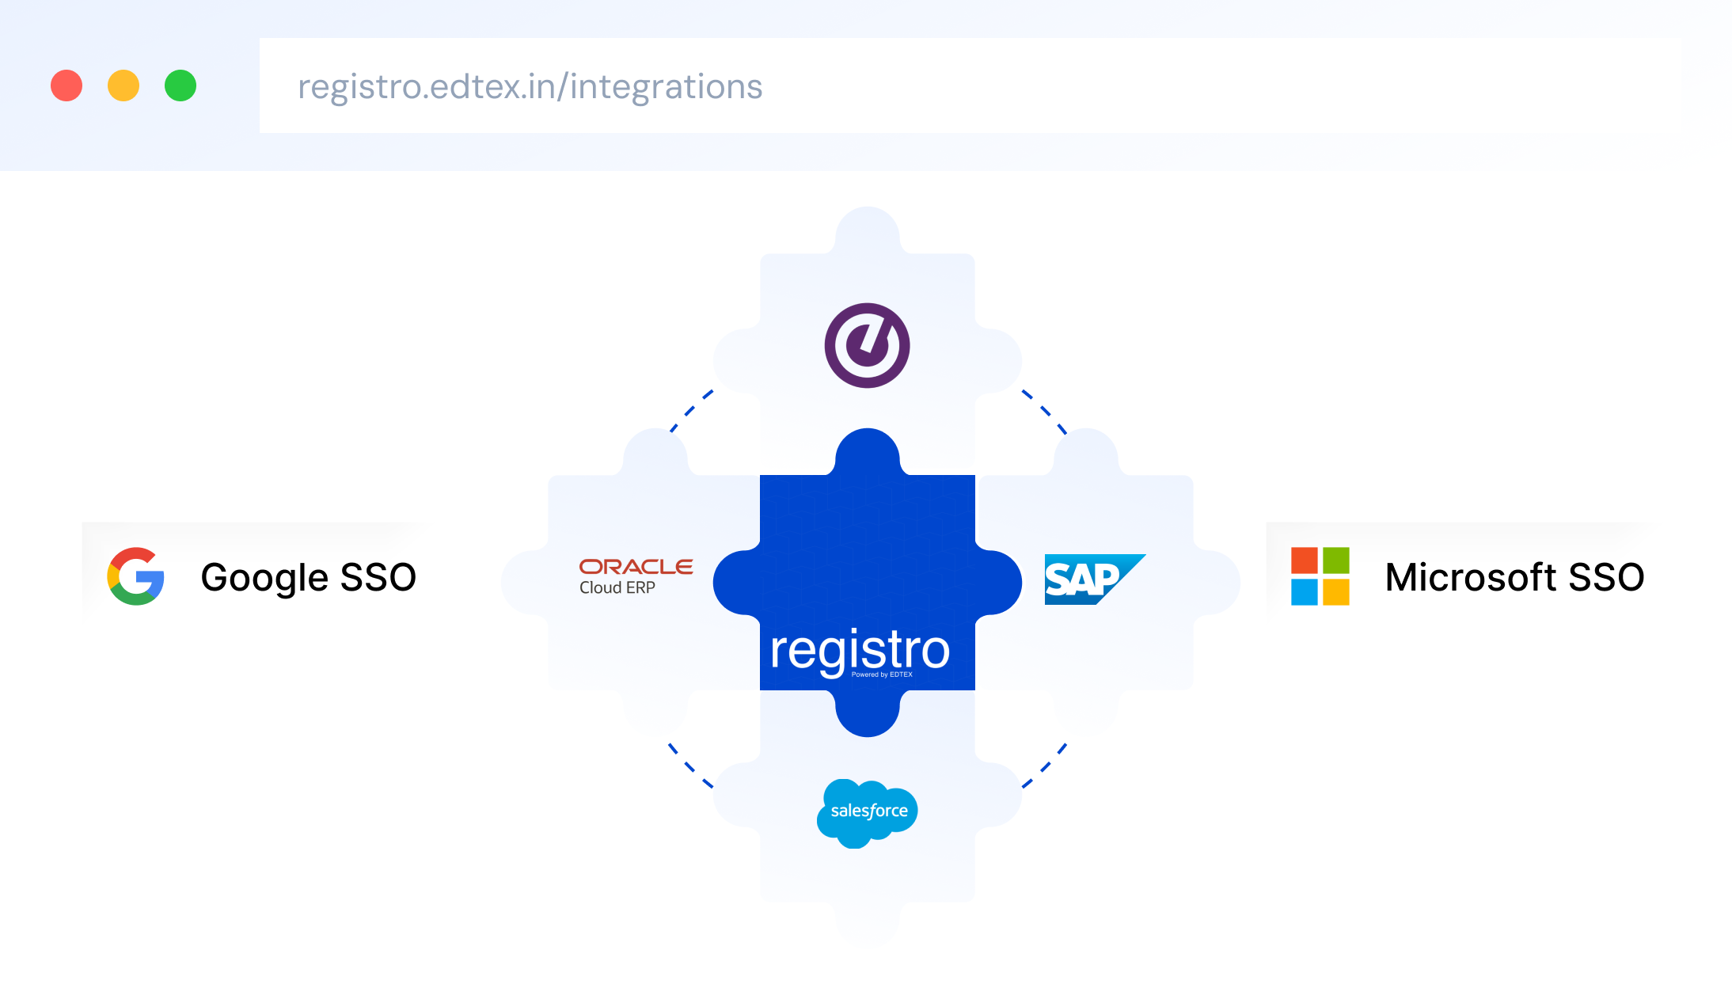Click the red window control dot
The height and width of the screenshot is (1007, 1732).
coord(66,85)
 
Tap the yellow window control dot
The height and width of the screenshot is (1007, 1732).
coord(123,85)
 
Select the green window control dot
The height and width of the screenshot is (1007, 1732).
coord(180,85)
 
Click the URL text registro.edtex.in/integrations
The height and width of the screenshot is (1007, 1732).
coord(530,87)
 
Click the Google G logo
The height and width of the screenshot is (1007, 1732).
coord(136,576)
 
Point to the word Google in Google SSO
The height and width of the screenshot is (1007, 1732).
coord(264,578)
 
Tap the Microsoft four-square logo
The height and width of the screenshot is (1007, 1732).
coord(1320,576)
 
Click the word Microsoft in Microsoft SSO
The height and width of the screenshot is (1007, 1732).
coord(1471,577)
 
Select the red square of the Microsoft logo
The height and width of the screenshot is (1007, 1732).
coord(1305,560)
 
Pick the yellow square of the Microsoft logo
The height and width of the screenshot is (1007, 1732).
coord(1335,592)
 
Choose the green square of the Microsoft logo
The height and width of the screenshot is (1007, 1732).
coord(1335,560)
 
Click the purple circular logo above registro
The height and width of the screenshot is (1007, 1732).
coord(867,345)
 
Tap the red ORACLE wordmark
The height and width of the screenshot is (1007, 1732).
coord(636,567)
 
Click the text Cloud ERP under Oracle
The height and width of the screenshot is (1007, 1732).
coord(617,587)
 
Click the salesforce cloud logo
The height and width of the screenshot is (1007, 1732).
coord(868,812)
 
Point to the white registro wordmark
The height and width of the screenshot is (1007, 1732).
coord(860,649)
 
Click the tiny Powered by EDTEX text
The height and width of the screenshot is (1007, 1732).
coord(882,674)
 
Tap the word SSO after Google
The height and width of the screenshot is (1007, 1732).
coord(378,577)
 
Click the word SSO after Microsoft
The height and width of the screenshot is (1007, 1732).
coord(1606,577)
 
